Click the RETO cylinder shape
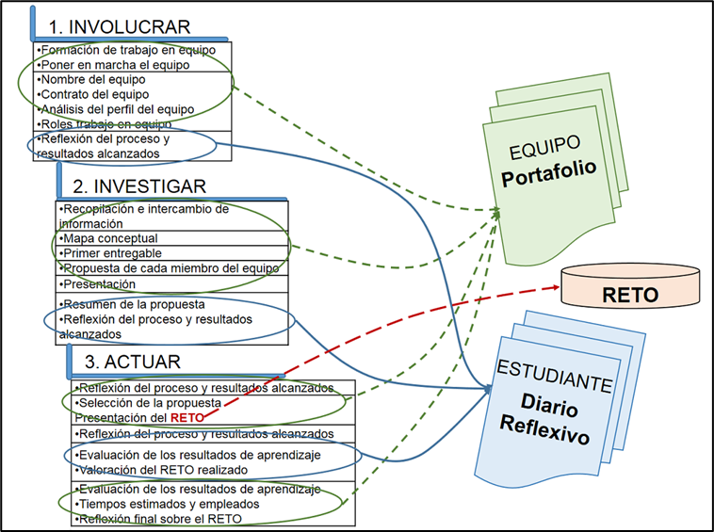point(631,294)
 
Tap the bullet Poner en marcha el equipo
point(111,64)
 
